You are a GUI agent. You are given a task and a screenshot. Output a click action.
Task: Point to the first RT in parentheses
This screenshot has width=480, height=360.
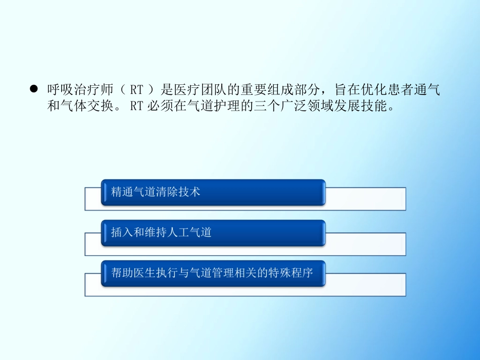[x=136, y=90]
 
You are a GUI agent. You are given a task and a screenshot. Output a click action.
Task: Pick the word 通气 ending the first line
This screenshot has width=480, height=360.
[x=428, y=90]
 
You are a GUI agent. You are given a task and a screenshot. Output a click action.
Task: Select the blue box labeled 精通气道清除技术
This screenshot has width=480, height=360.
[x=213, y=192]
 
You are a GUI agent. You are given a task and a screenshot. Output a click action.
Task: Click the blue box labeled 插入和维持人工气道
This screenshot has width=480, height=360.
[x=213, y=233]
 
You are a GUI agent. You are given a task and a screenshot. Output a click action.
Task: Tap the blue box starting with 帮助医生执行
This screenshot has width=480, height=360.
[x=213, y=274]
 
